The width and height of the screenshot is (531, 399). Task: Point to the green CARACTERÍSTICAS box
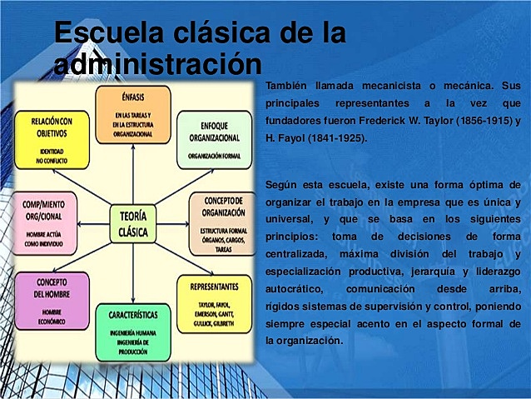coord(133,331)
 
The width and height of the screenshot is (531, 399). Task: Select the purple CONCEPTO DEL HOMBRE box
coord(51,299)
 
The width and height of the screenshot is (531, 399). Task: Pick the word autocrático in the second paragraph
coord(294,288)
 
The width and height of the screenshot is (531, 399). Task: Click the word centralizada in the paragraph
coord(297,253)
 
